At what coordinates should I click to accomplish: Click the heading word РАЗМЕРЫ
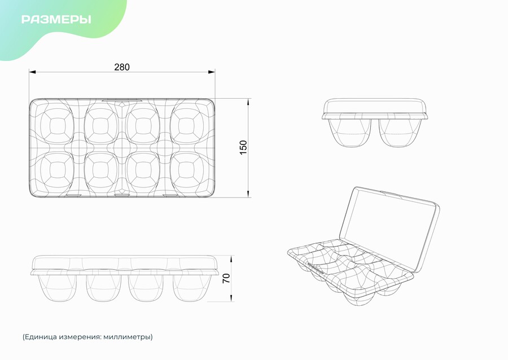pyautogui.click(x=56, y=19)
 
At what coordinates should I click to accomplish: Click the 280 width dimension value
pyautogui.click(x=122, y=67)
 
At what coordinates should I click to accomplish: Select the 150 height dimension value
pyautogui.click(x=243, y=147)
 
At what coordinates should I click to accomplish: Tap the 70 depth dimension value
pyautogui.click(x=226, y=278)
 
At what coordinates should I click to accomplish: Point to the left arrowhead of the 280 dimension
pyautogui.click(x=32, y=72)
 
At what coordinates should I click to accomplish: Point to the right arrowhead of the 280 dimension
pyautogui.click(x=212, y=72)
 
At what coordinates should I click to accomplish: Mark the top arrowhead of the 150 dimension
pyautogui.click(x=248, y=102)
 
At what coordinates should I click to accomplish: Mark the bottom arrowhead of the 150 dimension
pyautogui.click(x=248, y=194)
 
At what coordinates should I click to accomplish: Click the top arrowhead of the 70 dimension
pyautogui.click(x=231, y=259)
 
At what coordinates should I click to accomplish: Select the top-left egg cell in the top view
pyautogui.click(x=56, y=124)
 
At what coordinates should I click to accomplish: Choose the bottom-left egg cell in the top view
pyautogui.click(x=56, y=172)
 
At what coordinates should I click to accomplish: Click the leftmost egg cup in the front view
pyautogui.click(x=57, y=288)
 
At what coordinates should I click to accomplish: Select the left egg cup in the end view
pyautogui.click(x=349, y=133)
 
